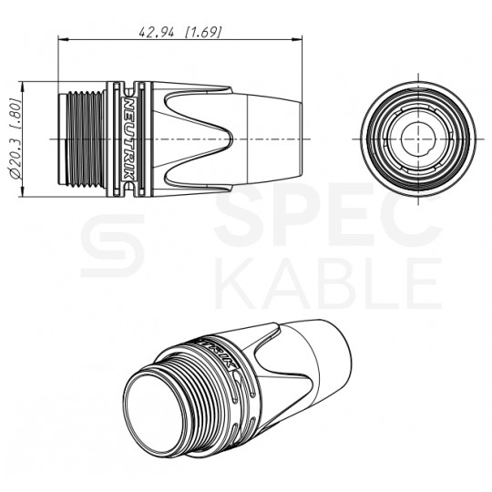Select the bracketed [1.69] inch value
pyautogui.click(x=203, y=31)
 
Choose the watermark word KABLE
pyautogui.click(x=328, y=283)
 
